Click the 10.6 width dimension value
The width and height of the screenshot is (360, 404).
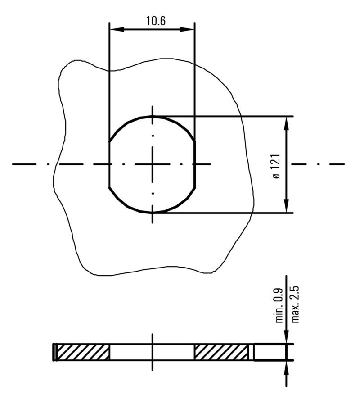156,21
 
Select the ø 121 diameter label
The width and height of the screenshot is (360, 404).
276,165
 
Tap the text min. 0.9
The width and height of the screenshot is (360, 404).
279,305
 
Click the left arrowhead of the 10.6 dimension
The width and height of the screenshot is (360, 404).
115,29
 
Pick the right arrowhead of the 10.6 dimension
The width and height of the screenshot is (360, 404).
189,29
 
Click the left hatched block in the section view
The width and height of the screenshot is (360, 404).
83,352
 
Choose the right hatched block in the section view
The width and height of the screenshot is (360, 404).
221,352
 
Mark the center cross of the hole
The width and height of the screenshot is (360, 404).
153,164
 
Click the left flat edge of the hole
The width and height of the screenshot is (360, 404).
109,164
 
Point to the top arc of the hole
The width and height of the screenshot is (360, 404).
153,116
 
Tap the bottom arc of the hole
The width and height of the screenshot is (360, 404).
153,212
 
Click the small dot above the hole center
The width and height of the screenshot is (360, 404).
153,136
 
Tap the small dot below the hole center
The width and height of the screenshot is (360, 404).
153,193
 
